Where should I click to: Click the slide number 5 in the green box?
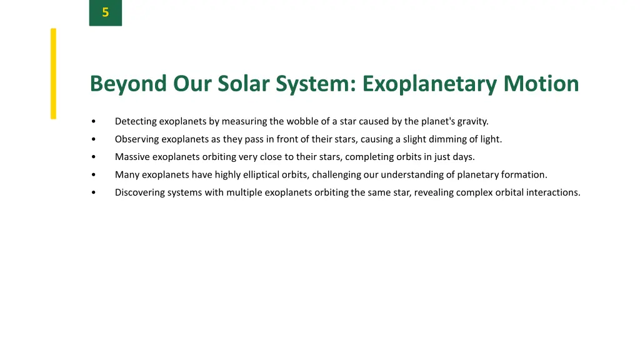click(x=105, y=12)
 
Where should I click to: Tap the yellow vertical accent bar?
click(x=54, y=73)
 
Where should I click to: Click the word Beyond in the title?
click(x=128, y=84)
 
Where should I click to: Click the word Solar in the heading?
click(x=241, y=84)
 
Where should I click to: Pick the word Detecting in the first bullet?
click(x=136, y=121)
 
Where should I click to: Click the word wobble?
click(x=303, y=121)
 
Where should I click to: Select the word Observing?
click(x=137, y=139)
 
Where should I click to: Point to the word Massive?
click(x=132, y=157)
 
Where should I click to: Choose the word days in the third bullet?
click(x=463, y=157)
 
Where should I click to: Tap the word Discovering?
click(x=139, y=192)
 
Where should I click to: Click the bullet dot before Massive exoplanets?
click(x=92, y=157)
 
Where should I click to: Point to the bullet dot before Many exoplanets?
click(x=92, y=175)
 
